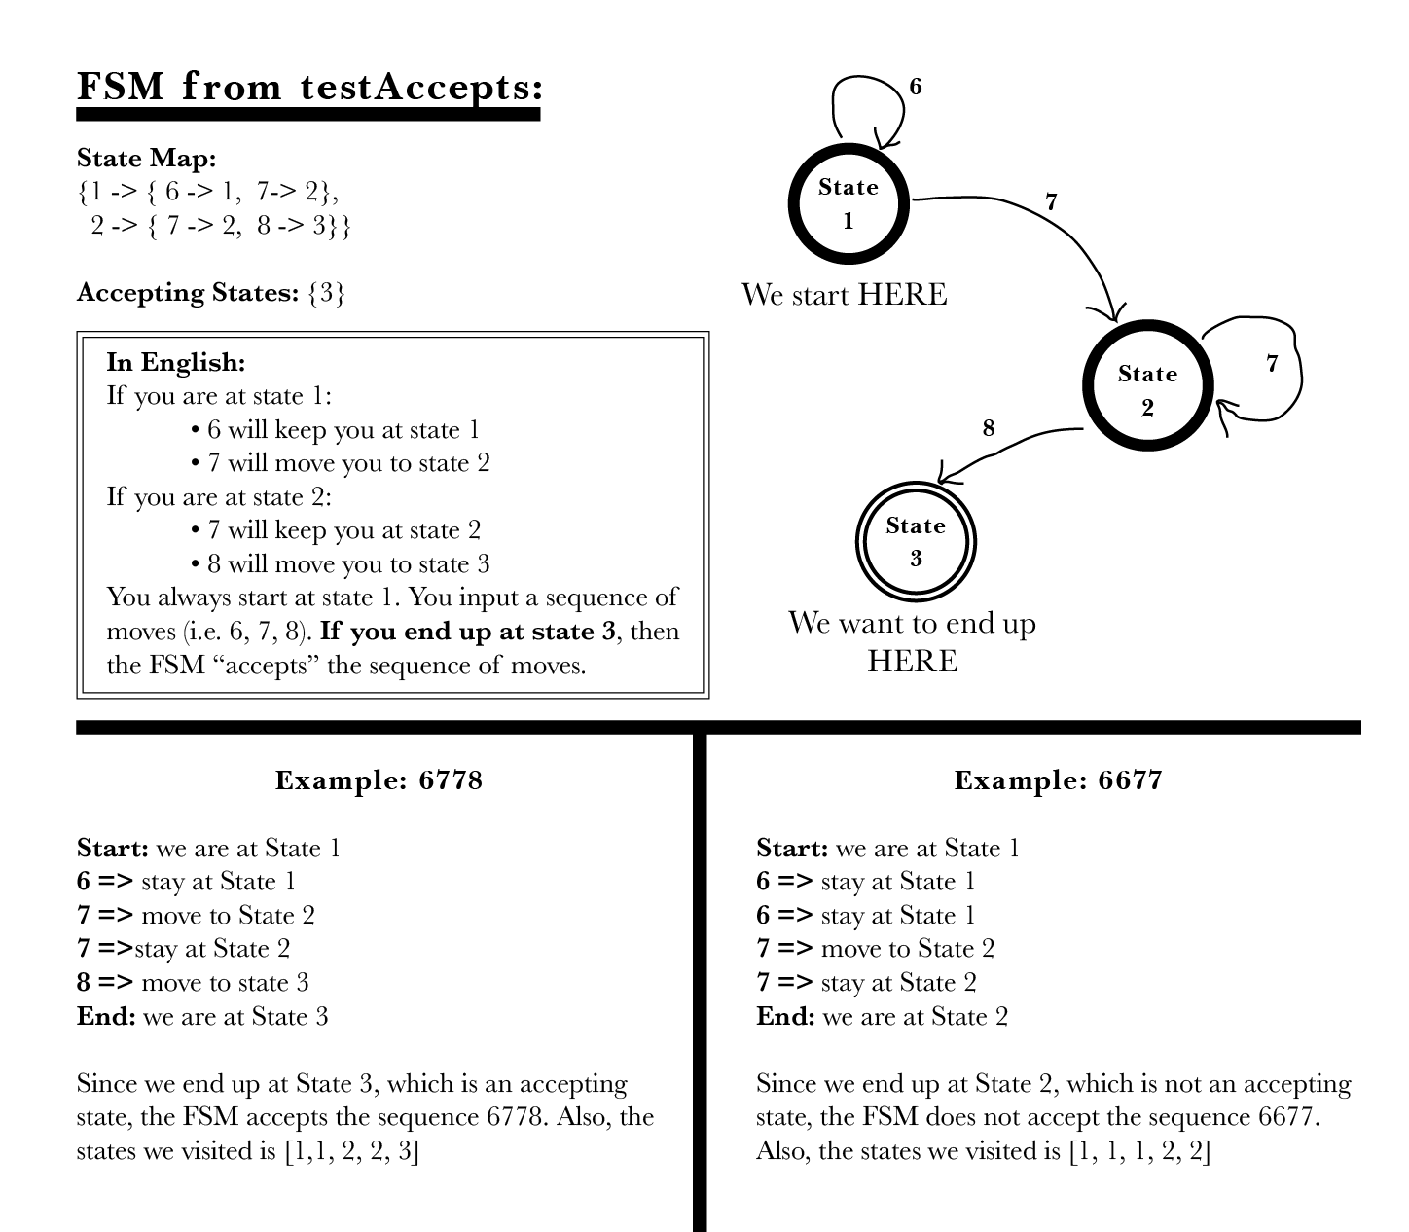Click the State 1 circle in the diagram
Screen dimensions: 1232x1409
(848, 202)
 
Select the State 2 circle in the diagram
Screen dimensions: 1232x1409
(1147, 386)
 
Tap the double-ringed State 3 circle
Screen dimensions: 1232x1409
(915, 541)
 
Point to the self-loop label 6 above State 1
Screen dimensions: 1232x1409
(915, 88)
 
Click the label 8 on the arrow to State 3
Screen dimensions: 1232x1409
(989, 428)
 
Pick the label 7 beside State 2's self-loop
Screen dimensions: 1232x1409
(1272, 364)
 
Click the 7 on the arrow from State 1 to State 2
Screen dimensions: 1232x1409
(1051, 202)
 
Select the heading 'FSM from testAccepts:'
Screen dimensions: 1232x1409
(309, 88)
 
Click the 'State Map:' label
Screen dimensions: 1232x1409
(146, 158)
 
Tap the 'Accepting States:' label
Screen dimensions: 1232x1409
(187, 292)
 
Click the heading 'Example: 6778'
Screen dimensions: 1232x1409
(379, 780)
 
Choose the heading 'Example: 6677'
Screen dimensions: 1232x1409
(1058, 780)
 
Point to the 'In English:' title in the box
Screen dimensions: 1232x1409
(175, 362)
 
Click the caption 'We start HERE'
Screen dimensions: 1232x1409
(844, 294)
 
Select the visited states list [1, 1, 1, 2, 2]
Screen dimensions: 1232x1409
(1139, 1151)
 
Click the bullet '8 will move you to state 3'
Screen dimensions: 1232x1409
(347, 564)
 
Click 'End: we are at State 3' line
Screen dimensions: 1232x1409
(202, 1017)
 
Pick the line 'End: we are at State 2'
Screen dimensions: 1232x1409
(882, 1017)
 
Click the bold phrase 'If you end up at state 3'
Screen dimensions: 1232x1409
(468, 632)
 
